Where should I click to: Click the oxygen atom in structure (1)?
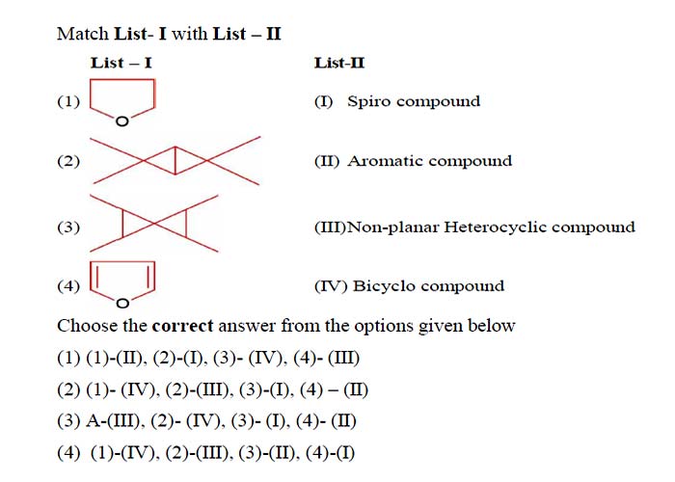point(122,121)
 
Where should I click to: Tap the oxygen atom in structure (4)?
point(122,304)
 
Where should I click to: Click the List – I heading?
point(121,64)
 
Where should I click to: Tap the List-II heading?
point(339,64)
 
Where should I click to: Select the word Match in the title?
point(83,34)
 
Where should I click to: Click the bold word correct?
point(182,326)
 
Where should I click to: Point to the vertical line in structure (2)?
point(175,161)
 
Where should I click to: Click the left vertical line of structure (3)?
point(122,224)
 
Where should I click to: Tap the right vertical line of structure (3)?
point(185,224)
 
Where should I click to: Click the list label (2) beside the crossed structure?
point(68,161)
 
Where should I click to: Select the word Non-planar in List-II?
point(392,227)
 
